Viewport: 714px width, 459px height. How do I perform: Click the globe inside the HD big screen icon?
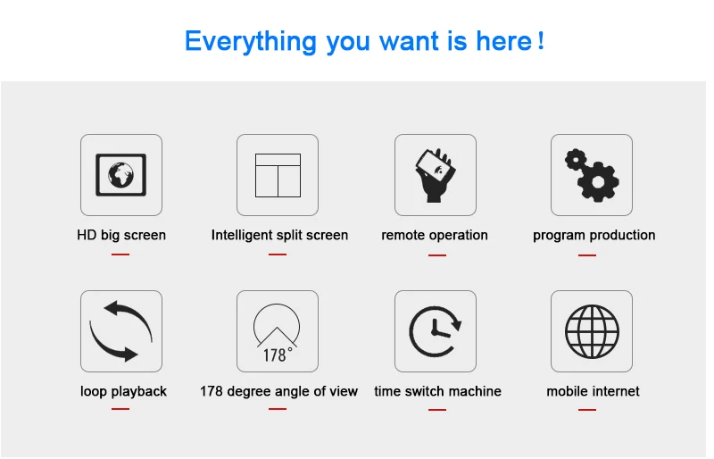[x=121, y=174]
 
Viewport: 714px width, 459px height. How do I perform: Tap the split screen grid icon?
[x=278, y=176]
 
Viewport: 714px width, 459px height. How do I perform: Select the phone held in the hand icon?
[x=436, y=167]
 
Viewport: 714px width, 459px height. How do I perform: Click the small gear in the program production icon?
[x=576, y=160]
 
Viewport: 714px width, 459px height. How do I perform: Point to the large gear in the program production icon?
[x=598, y=182]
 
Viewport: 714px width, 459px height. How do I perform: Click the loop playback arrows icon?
[x=121, y=331]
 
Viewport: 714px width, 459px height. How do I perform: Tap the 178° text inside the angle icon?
[x=278, y=355]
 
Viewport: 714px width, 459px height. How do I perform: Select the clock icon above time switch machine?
[x=435, y=331]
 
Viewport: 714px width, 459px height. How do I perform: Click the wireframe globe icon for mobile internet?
[x=592, y=331]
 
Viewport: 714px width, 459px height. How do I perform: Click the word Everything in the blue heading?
[x=250, y=41]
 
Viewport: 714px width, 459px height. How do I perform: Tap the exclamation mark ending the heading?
[x=541, y=41]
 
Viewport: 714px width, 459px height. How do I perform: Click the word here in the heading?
[x=503, y=41]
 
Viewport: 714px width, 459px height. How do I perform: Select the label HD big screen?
[x=121, y=235]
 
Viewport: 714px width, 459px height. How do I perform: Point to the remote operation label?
[x=435, y=235]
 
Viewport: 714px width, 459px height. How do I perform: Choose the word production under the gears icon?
[x=620, y=235]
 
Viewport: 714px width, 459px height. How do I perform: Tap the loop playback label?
[x=123, y=391]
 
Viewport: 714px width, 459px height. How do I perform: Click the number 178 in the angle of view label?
[x=212, y=391]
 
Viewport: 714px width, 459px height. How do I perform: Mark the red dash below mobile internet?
[x=587, y=410]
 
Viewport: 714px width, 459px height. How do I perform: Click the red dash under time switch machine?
[x=437, y=410]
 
